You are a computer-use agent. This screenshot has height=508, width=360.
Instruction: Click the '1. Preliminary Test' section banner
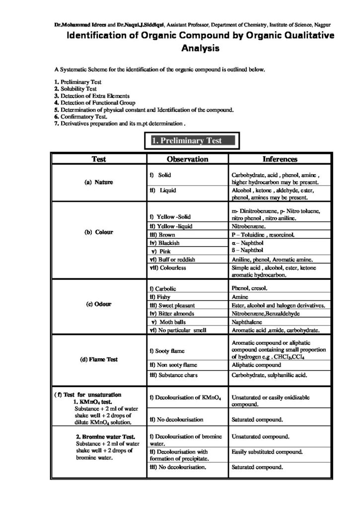[x=192, y=141]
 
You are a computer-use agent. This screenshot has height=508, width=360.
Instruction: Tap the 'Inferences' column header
[x=280, y=159]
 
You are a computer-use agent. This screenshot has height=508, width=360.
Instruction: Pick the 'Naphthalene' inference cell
[x=249, y=321]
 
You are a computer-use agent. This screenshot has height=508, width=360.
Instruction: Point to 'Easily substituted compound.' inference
[x=267, y=452]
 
